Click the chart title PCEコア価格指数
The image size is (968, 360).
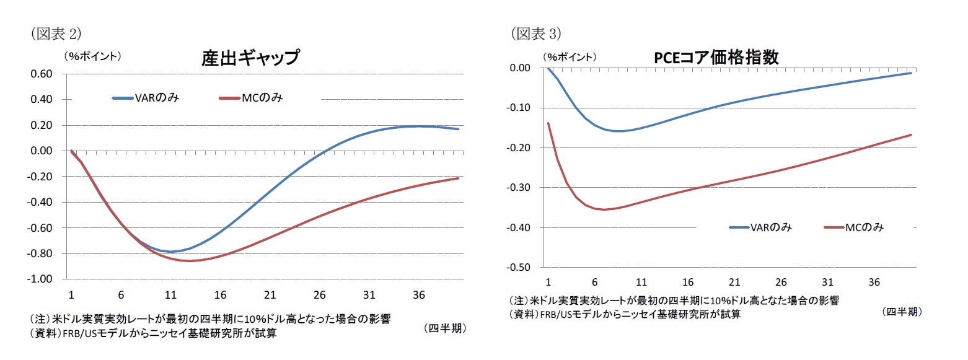[716, 57]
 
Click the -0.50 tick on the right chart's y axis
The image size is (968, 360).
[519, 268]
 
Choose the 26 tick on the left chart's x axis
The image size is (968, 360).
[319, 294]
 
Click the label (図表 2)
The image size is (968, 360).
[56, 33]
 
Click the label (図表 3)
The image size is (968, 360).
[535, 33]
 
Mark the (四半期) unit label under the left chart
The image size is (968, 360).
[445, 328]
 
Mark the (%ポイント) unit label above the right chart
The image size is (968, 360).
[571, 56]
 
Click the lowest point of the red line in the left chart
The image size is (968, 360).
[189, 261]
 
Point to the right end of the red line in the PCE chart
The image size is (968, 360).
[911, 135]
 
